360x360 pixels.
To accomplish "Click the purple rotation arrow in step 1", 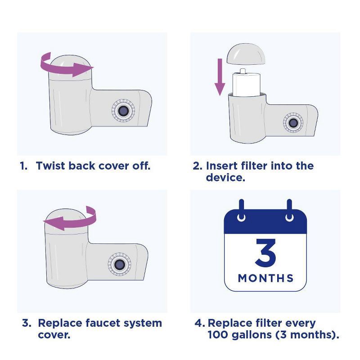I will tap(67, 67).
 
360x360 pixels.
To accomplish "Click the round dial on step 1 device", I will tap(122, 110).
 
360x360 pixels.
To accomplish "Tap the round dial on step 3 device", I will tap(119, 264).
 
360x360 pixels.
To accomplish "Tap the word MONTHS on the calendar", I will tap(265, 278).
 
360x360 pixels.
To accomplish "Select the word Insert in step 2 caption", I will tap(222, 166).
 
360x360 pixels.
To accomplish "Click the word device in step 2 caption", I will tap(225, 177).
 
